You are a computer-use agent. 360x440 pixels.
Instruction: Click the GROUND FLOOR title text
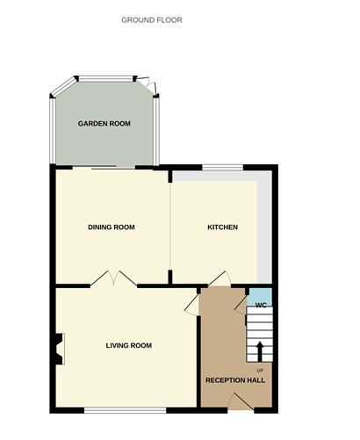point(152,18)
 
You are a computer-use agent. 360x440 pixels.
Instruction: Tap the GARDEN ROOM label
point(104,124)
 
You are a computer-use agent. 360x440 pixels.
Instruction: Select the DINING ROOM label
point(112,227)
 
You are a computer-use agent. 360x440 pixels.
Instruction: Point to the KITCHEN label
point(222,227)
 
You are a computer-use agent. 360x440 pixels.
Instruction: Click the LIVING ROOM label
point(129,345)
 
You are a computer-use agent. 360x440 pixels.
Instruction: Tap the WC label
point(260,305)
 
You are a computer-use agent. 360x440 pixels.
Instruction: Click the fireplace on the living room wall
point(58,349)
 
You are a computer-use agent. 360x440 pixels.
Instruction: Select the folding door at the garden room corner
point(153,86)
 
